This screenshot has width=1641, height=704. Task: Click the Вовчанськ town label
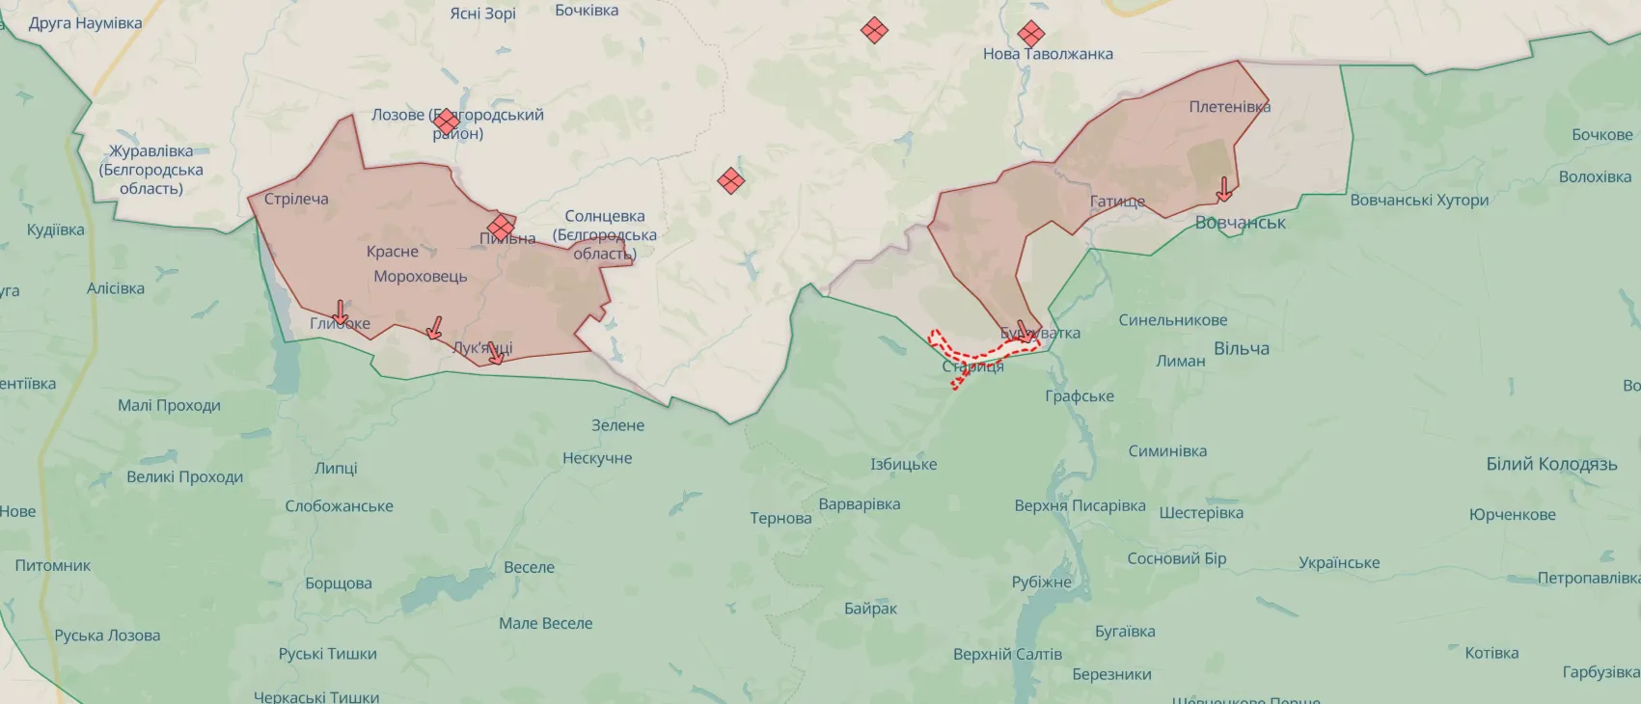tap(1240, 223)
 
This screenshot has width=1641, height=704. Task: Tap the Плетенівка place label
tap(1229, 107)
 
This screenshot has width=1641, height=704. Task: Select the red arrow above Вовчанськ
tap(1223, 189)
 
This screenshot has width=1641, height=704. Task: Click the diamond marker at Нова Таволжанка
tap(1030, 34)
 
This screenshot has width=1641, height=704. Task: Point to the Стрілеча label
tap(296, 200)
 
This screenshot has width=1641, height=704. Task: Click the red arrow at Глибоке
tap(340, 313)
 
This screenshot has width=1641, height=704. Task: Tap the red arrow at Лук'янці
tap(495, 353)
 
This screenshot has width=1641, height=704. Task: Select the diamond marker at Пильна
tap(501, 228)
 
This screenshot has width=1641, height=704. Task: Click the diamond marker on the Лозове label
tap(446, 122)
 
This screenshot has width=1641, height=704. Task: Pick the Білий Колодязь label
tap(1551, 464)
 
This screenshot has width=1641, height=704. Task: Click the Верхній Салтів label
tap(1007, 655)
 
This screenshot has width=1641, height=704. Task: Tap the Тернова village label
tap(780, 519)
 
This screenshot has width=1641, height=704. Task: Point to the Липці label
tap(336, 469)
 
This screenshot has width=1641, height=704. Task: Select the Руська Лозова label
tap(107, 636)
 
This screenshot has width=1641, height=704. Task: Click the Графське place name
tap(1080, 396)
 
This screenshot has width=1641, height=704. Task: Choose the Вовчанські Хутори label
tap(1419, 201)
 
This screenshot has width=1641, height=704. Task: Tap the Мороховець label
tap(421, 277)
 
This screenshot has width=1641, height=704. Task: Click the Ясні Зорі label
tap(482, 14)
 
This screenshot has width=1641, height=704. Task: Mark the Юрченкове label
tap(1512, 515)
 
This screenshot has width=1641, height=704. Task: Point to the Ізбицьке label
tap(903, 465)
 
